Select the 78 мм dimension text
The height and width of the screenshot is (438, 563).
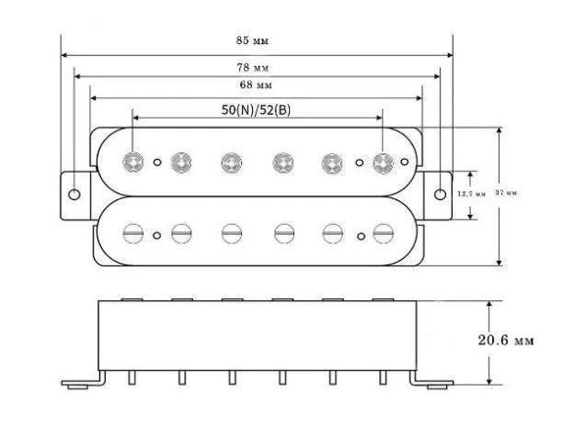click(x=258, y=68)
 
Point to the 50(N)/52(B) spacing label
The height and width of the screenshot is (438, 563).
click(x=258, y=108)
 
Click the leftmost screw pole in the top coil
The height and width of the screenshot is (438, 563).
click(x=133, y=163)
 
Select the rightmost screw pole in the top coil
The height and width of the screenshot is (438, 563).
click(x=382, y=163)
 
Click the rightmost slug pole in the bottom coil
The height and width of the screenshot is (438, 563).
click(x=382, y=230)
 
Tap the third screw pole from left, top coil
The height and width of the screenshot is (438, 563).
click(x=230, y=163)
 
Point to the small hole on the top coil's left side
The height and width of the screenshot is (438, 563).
click(x=157, y=163)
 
